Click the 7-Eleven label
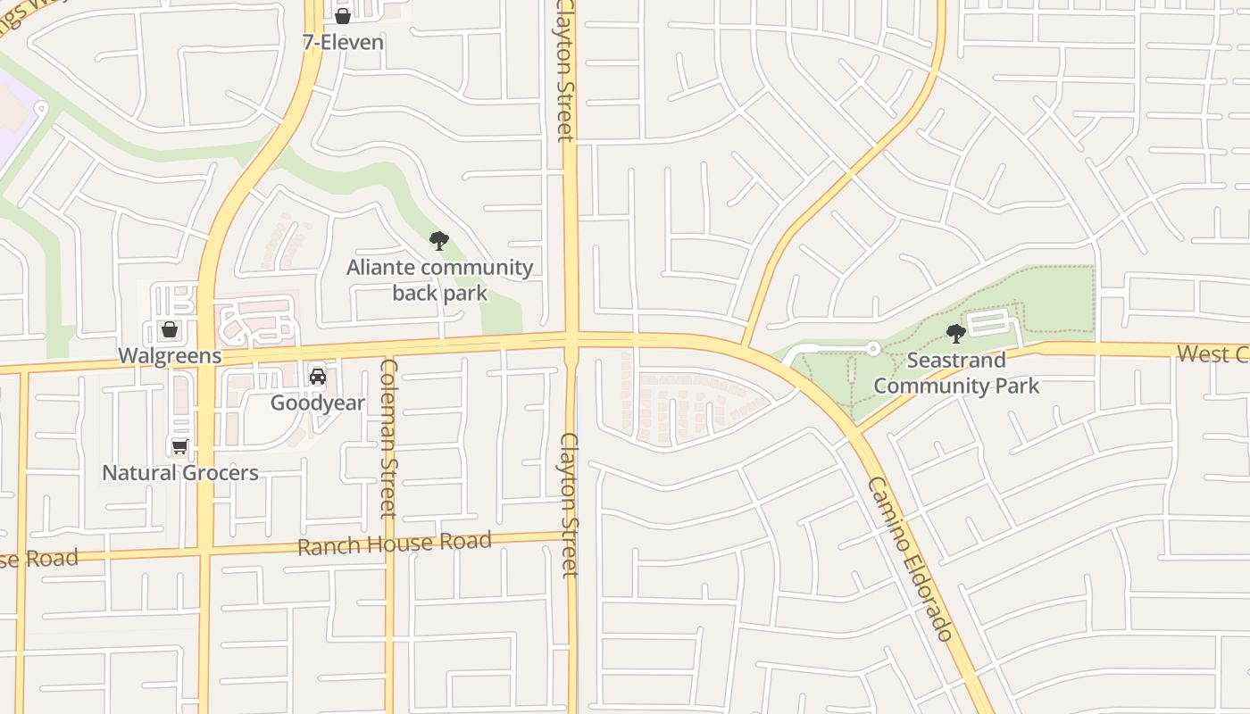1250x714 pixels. click(343, 42)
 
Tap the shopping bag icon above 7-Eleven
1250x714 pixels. click(342, 15)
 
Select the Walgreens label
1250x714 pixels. click(170, 355)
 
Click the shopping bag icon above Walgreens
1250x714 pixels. click(169, 329)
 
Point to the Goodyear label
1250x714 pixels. click(317, 403)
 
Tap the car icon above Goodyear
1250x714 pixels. click(317, 376)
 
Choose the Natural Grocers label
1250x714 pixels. click(180, 472)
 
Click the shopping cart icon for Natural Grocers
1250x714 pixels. click(180, 445)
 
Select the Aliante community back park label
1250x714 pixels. click(439, 279)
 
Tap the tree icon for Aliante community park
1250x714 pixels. click(438, 240)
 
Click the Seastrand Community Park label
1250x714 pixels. click(956, 372)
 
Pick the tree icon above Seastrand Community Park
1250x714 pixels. click(956, 334)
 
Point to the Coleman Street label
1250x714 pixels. click(387, 437)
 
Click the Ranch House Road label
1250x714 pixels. click(394, 543)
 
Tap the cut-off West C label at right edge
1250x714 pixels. click(1212, 353)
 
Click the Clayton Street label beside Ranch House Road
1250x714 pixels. click(570, 504)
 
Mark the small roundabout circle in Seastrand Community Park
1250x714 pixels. click(873, 348)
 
